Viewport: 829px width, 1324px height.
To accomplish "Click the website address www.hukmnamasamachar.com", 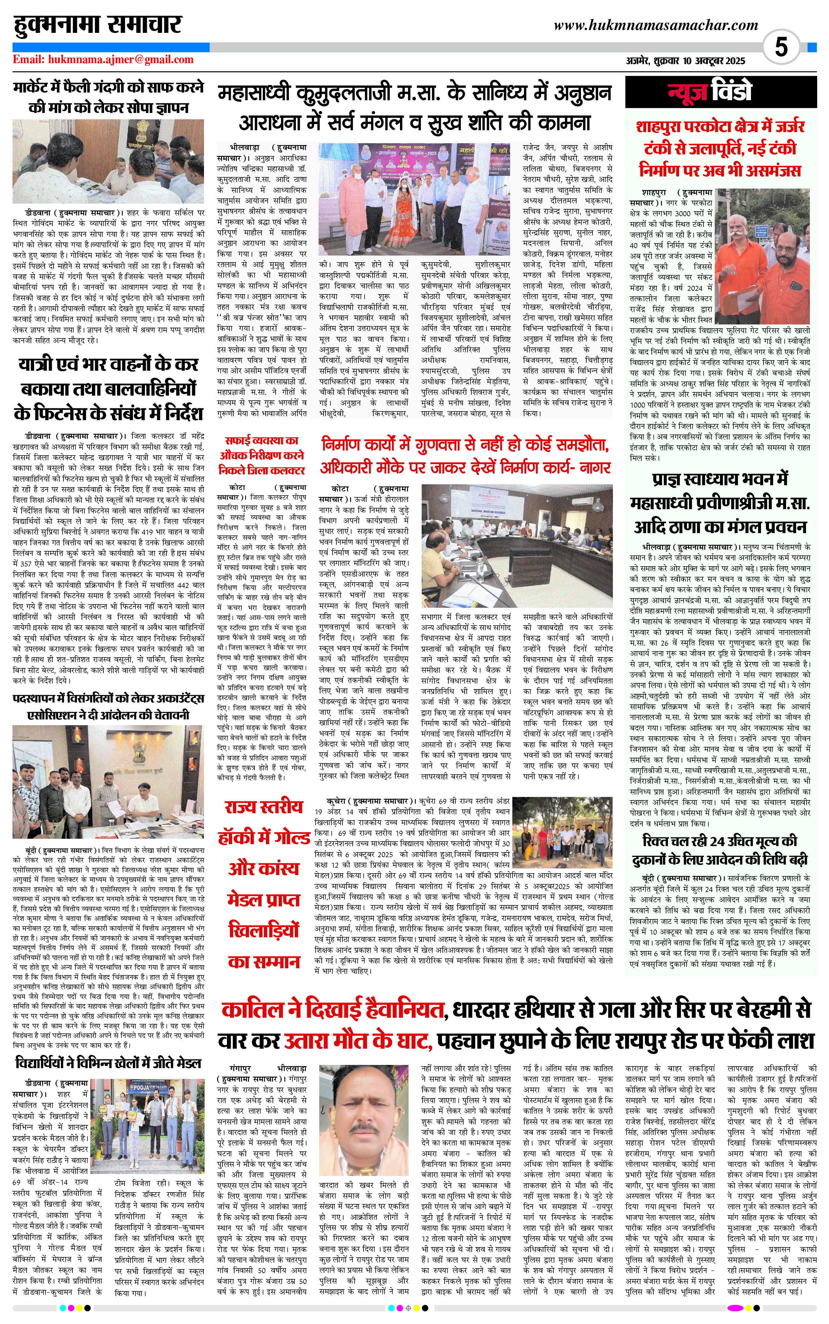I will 656,25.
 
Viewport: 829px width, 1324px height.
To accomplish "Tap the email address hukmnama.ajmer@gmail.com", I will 103,60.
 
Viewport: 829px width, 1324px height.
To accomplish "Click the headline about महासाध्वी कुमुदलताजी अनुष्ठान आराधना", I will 414,108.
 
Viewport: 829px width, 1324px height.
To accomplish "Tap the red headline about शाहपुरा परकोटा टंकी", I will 720,149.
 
